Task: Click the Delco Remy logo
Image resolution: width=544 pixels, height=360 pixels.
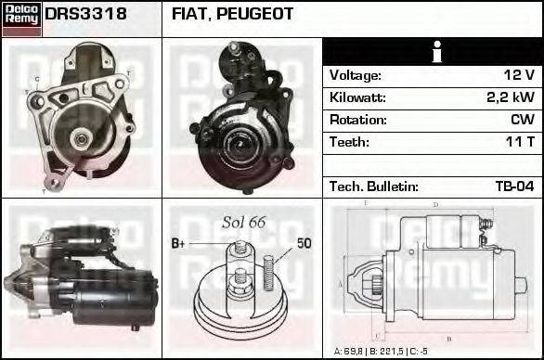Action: point(21,18)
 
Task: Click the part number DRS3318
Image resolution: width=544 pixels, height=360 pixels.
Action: point(86,15)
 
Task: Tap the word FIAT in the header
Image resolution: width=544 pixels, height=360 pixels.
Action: point(191,15)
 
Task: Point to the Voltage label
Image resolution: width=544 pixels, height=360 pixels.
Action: point(356,75)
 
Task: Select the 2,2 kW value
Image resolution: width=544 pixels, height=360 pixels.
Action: point(512,97)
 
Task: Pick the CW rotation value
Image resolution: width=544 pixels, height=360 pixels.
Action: point(522,120)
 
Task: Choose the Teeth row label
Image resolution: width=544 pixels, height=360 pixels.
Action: point(349,142)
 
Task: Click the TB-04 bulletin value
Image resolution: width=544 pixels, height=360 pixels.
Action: point(513,186)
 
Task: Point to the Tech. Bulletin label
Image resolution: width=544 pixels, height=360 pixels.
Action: point(374,186)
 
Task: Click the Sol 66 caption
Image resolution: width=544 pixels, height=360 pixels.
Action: point(244,223)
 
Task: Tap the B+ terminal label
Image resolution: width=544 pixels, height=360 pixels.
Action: point(180,243)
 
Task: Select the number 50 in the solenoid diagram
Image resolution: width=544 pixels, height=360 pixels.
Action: point(304,243)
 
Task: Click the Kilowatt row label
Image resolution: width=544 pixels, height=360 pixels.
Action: point(357,97)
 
